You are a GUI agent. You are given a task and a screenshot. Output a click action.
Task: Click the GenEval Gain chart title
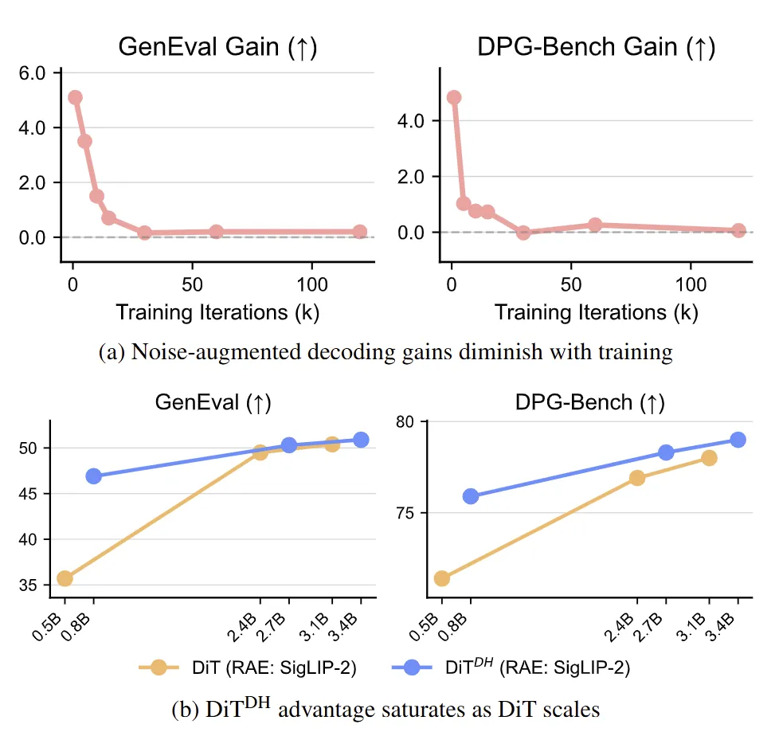coord(217,47)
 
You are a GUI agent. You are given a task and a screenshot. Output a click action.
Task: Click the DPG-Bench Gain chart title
coord(596,47)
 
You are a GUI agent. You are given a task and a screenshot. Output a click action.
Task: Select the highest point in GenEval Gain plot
coord(75,97)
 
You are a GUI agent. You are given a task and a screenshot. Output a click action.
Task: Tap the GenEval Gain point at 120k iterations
coord(359,232)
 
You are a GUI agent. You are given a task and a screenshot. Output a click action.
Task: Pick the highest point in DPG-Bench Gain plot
coord(454,97)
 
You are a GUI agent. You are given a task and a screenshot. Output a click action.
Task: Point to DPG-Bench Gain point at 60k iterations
coord(595,225)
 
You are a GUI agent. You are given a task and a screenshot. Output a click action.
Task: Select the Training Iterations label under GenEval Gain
coord(217,312)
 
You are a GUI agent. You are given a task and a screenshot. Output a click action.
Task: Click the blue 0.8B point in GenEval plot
coord(94,476)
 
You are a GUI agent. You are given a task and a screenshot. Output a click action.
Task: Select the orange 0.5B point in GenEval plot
coord(65,578)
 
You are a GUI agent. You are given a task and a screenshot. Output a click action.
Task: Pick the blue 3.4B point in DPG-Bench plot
coord(738,440)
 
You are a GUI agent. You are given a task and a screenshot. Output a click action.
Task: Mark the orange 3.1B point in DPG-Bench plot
coord(709,457)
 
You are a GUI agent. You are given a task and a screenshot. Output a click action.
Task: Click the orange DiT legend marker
coord(159,668)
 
